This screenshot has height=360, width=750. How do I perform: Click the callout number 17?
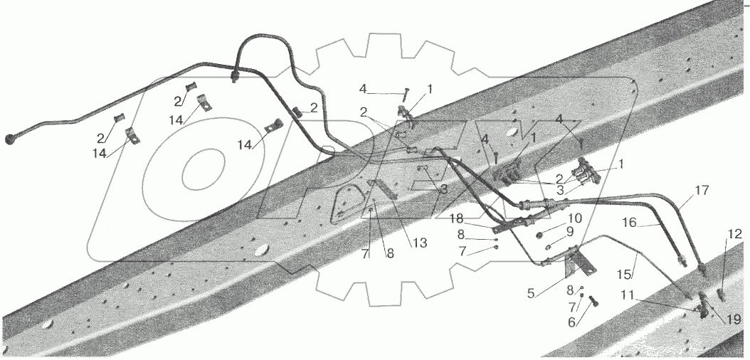(x=702, y=191)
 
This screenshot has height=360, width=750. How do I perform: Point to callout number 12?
(x=734, y=233)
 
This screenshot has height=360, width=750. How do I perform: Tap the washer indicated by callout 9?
(x=549, y=247)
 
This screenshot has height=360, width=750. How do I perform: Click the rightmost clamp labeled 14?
(x=273, y=127)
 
